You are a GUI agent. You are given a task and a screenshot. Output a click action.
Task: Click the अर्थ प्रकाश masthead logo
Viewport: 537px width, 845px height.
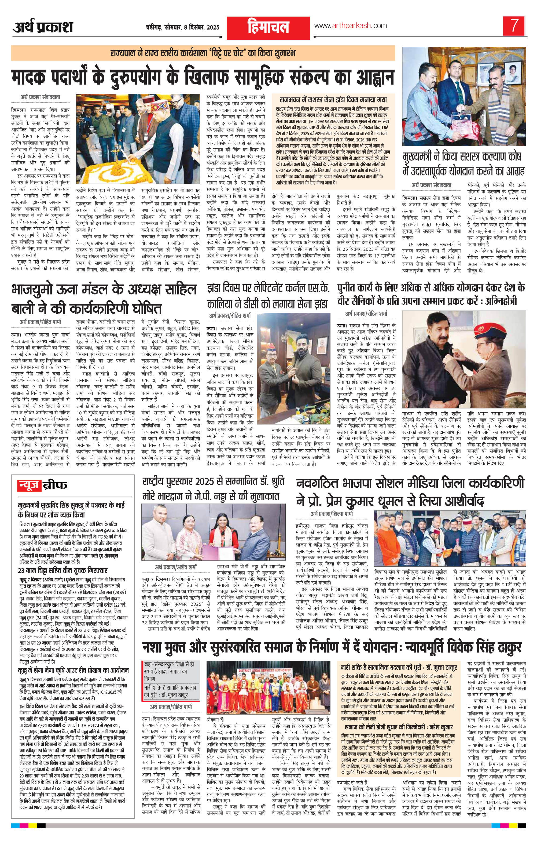[x=43, y=27]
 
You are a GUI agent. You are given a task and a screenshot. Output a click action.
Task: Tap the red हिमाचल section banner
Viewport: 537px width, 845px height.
[x=268, y=28]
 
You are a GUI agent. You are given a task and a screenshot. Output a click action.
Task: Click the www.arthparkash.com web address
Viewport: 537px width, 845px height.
[x=350, y=26]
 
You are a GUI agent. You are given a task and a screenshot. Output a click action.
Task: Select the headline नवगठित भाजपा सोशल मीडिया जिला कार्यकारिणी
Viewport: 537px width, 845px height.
[x=410, y=492]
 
